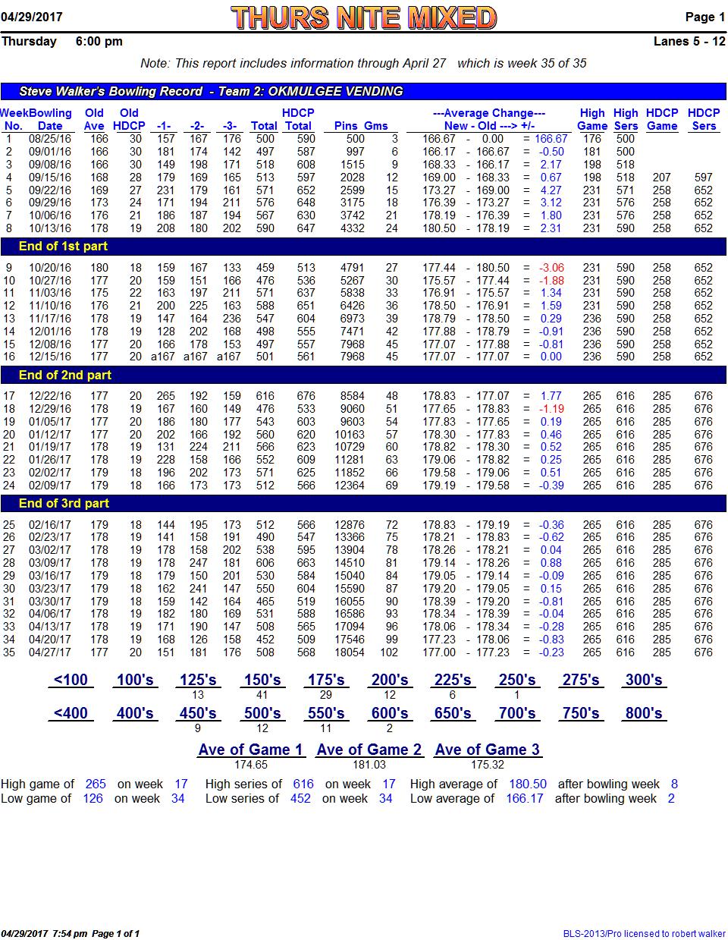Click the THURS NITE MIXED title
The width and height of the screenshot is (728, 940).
click(363, 17)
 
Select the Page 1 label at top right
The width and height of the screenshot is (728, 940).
click(704, 17)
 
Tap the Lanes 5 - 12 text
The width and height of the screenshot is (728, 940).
click(689, 42)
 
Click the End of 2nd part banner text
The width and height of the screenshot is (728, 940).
click(65, 375)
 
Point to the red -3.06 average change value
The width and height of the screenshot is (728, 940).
click(551, 268)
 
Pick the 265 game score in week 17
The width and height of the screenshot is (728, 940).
click(165, 396)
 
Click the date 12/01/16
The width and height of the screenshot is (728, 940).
click(50, 332)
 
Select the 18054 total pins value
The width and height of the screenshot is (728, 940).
click(350, 652)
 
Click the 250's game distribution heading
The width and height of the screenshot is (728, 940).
click(516, 680)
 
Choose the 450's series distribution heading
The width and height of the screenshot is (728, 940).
click(198, 713)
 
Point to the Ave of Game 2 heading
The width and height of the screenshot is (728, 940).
click(369, 750)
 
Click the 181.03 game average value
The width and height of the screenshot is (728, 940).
click(369, 765)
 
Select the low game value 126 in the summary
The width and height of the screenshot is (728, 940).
click(93, 798)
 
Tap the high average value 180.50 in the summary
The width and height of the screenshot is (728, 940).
click(527, 784)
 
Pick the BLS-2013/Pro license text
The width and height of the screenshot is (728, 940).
click(644, 933)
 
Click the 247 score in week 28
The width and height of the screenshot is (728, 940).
click(199, 563)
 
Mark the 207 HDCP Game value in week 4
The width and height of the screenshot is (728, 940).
click(661, 178)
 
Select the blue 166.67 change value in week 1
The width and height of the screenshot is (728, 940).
click(551, 138)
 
